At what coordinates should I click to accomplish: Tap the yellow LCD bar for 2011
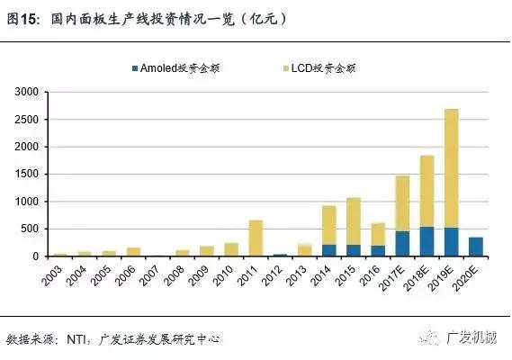pyautogui.click(x=256, y=238)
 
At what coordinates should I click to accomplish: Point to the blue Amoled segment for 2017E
pyautogui.click(x=402, y=244)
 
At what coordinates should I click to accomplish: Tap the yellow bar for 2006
pyautogui.click(x=133, y=251)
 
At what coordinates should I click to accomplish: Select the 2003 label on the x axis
pyautogui.click(x=58, y=274)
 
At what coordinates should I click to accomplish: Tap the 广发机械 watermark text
pyautogui.click(x=476, y=338)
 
